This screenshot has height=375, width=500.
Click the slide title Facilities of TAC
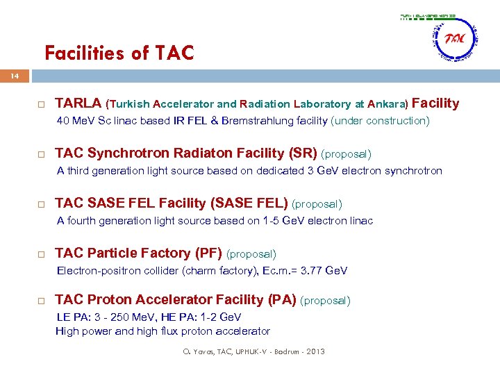tap(119, 53)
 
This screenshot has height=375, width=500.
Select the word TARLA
tap(78, 103)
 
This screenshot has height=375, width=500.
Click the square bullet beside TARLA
tap(42, 104)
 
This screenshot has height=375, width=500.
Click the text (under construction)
tap(381, 121)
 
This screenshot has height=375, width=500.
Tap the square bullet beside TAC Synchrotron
tap(42, 154)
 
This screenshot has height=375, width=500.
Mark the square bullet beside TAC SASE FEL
tap(42, 204)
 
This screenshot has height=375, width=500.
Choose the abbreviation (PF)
tap(209, 253)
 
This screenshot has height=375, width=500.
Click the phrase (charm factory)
tap(217, 271)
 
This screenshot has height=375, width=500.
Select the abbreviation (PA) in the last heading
tap(281, 299)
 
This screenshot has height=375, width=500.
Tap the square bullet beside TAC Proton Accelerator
tap(42, 301)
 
